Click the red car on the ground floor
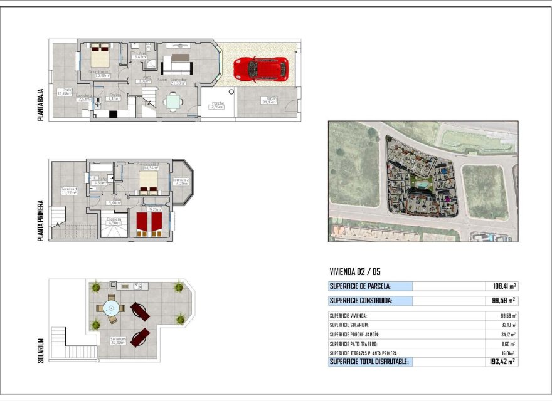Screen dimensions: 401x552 click(261, 68)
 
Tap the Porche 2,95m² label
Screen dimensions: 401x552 click(217, 105)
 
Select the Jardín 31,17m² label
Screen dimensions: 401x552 click(271, 100)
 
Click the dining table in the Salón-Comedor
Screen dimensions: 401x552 click(174, 100)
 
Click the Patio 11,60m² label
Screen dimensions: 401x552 click(63, 91)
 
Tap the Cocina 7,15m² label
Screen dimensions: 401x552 click(114, 98)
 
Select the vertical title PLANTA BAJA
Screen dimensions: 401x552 click(41, 104)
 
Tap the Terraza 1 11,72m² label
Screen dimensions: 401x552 click(68, 190)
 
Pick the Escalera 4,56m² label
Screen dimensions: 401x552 click(114, 221)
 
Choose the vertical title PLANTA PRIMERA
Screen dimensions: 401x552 click(41, 221)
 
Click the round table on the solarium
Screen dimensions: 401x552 click(112, 308)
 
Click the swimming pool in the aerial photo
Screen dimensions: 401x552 click(421, 187)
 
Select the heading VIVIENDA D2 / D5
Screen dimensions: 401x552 click(354, 272)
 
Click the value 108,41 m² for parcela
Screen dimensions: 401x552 click(501, 286)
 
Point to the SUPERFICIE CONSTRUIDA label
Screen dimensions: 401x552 click(360, 301)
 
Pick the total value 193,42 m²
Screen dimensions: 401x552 click(501, 362)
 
